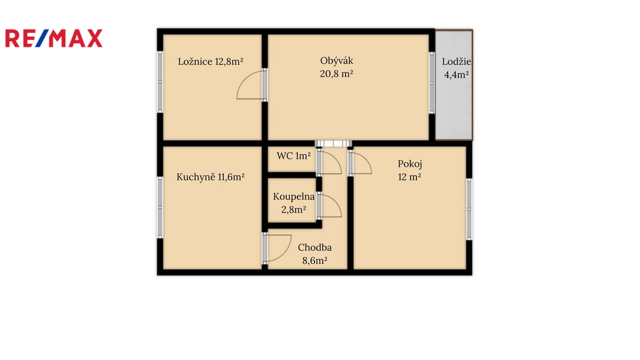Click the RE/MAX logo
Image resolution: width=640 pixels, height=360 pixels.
click(x=54, y=38)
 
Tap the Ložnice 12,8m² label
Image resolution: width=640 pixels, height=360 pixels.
click(x=211, y=62)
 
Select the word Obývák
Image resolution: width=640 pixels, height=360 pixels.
click(x=336, y=61)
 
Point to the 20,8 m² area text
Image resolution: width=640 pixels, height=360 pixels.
click(x=336, y=74)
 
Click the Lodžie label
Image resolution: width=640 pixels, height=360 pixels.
click(x=456, y=62)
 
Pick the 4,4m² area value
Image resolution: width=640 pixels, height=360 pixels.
click(x=456, y=75)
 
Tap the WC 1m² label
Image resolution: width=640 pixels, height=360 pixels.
click(x=294, y=156)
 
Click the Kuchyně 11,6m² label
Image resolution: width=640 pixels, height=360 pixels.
click(x=211, y=177)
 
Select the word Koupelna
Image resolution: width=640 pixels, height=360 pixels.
click(x=294, y=197)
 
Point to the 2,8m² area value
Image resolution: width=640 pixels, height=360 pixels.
click(x=294, y=210)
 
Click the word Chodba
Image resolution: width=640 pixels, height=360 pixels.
click(x=315, y=247)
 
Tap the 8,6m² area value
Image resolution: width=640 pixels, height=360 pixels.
click(x=315, y=261)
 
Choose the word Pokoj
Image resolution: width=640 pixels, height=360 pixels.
click(x=410, y=164)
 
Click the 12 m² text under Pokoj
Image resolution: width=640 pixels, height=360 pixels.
click(x=409, y=177)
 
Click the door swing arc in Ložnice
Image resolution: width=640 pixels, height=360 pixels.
click(x=244, y=79)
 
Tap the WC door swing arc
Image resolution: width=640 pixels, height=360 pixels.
click(x=336, y=158)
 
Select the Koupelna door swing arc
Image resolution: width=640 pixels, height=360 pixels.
click(x=336, y=202)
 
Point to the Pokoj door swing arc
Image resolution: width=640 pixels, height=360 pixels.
click(x=366, y=159)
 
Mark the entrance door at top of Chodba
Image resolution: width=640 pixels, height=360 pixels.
click(x=333, y=143)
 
